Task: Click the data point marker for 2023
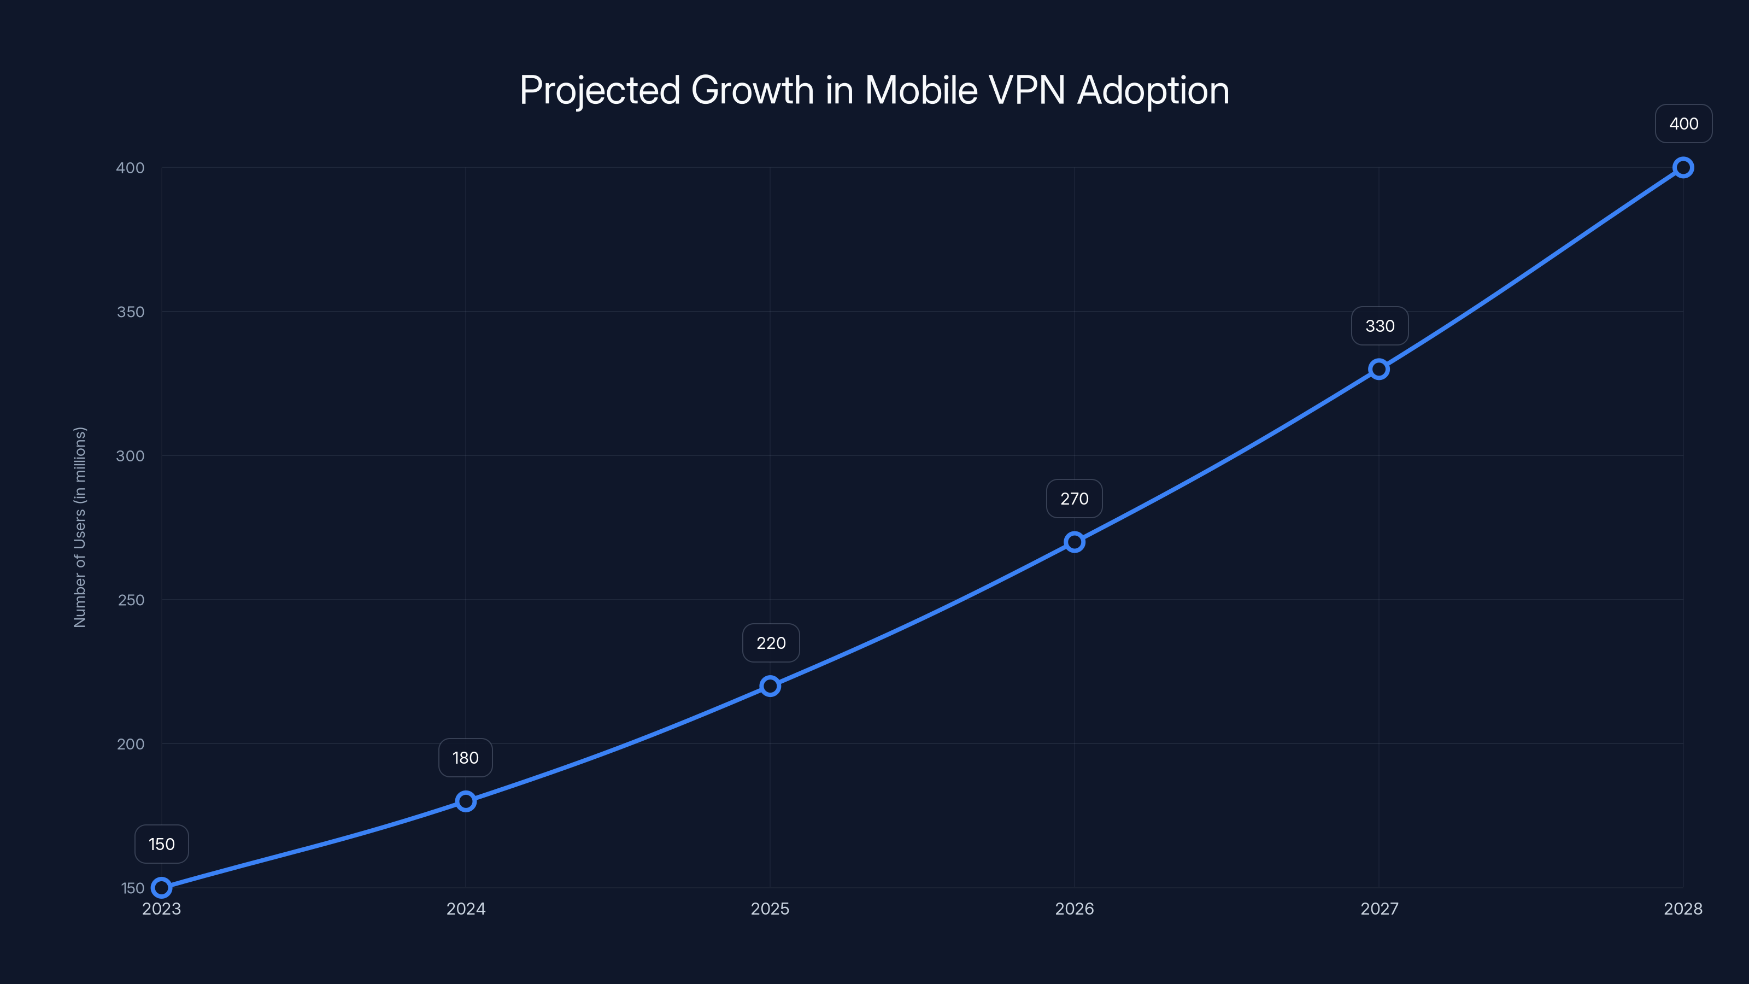coord(162,888)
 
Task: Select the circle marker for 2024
coord(466,801)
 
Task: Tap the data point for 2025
coord(770,686)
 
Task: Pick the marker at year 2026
coord(1074,542)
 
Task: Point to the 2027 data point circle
coord(1379,370)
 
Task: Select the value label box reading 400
coord(1683,124)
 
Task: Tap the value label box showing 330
coord(1380,326)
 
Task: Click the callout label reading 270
coord(1074,499)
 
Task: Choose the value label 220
coord(771,643)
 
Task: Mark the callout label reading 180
coord(466,758)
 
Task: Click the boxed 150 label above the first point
coord(162,844)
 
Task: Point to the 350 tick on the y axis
coord(131,312)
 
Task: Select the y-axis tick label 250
coord(131,600)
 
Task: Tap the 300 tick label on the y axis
coord(131,456)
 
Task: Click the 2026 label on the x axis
coord(1074,909)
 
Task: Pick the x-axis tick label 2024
coord(466,909)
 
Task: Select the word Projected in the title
coord(600,90)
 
